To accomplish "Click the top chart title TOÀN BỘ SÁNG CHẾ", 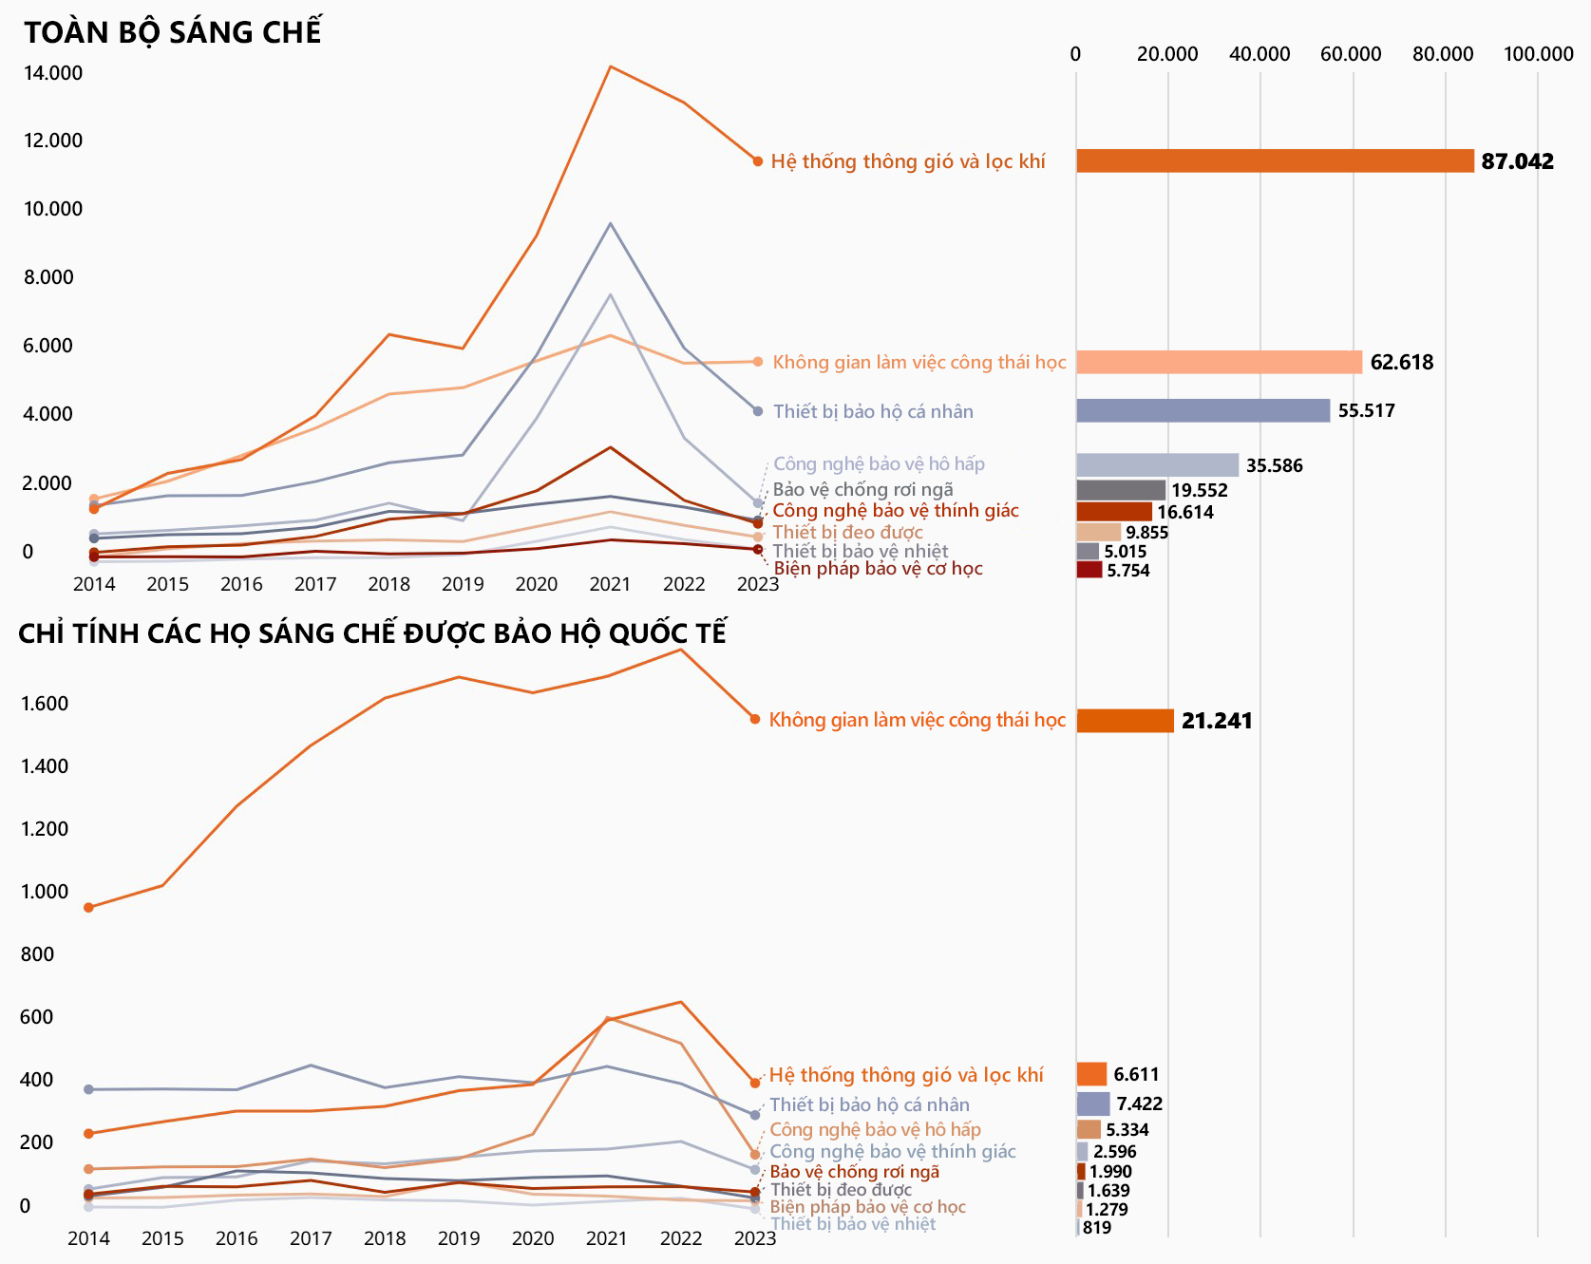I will tap(173, 32).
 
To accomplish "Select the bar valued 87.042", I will tap(1274, 161).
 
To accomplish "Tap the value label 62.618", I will tap(1401, 362).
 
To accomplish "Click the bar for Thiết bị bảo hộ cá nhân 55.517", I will tap(1203, 410).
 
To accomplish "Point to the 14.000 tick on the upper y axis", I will tap(53, 73).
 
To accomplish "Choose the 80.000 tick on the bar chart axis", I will tap(1443, 54).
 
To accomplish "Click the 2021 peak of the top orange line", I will tap(610, 66).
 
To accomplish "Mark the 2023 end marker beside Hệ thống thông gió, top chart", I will tap(758, 161).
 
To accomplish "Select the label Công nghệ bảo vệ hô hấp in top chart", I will tap(879, 463).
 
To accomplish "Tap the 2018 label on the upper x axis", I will tap(388, 584).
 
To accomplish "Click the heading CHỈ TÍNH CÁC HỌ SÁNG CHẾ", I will tap(372, 633).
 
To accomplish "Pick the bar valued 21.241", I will tap(1125, 721).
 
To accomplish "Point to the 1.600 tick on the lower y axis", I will tap(45, 704).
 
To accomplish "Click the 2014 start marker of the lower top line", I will tap(89, 908).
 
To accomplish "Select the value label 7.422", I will tap(1139, 1104).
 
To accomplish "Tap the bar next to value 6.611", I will tap(1091, 1074).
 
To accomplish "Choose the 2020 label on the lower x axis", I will tap(533, 1238).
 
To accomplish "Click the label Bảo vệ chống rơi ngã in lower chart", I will tap(854, 1171).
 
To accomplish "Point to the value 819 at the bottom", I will tap(1096, 1227).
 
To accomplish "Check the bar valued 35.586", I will tap(1157, 465).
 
